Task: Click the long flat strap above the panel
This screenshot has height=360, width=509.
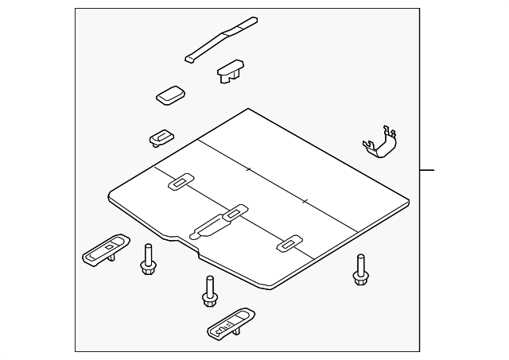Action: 222,40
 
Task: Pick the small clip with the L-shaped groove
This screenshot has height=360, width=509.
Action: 161,137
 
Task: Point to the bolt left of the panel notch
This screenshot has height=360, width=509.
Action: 147,259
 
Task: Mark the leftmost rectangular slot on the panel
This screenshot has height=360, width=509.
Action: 181,182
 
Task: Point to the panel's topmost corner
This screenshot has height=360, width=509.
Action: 249,110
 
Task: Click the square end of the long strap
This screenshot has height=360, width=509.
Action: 191,57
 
